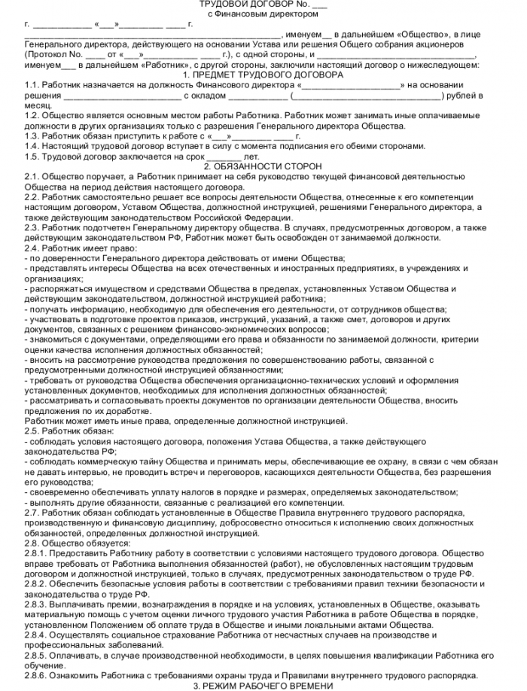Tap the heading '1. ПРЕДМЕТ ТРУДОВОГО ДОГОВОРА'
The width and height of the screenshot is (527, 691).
click(263, 75)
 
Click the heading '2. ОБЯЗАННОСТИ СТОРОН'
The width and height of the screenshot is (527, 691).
click(263, 166)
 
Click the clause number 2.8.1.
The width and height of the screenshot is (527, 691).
click(35, 552)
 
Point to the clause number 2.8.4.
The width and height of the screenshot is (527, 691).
click(35, 635)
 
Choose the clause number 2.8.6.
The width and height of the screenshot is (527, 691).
click(35, 674)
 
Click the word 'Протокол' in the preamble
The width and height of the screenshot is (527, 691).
click(47, 55)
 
